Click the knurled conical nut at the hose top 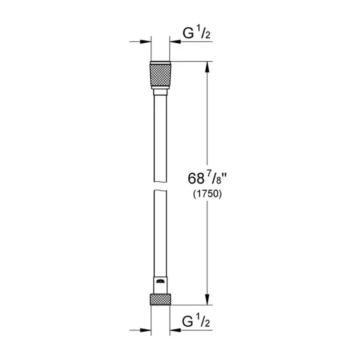click(x=160, y=76)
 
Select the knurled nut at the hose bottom click(x=160, y=299)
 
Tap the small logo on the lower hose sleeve click(x=160, y=282)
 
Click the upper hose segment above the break click(x=160, y=135)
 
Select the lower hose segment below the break click(x=160, y=234)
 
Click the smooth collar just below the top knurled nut click(x=160, y=92)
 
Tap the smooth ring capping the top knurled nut click(x=160, y=62)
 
